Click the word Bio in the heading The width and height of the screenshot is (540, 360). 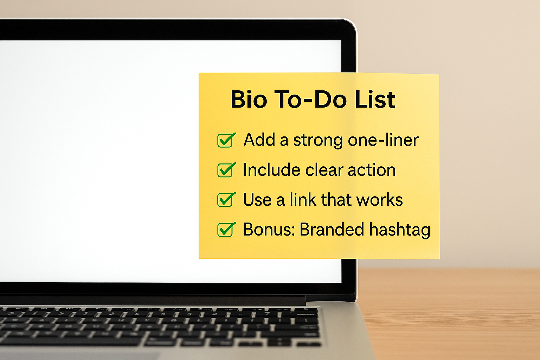[249, 99]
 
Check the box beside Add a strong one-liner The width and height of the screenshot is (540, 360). [226, 140]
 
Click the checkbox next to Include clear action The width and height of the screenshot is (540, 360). [226, 170]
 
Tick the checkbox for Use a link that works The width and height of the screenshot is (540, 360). [226, 199]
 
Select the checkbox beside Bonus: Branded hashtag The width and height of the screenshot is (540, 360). [226, 229]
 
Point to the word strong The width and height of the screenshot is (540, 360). [318, 141]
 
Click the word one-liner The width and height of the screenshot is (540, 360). [383, 140]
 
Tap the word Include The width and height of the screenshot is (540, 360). [272, 170]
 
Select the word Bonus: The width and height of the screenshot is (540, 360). [269, 229]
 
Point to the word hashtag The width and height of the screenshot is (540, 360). [400, 230]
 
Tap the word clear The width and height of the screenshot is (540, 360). [324, 170]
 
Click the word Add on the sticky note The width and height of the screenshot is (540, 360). [259, 140]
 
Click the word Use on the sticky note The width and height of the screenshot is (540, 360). [257, 200]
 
